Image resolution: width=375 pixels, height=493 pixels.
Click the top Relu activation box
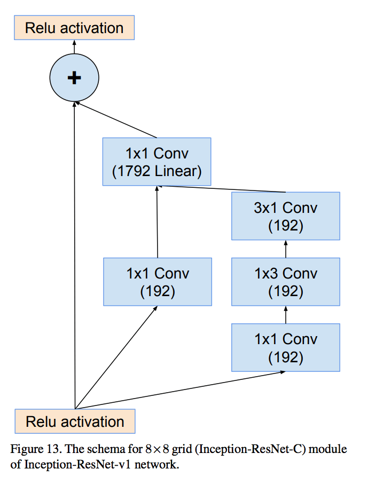tap(74, 28)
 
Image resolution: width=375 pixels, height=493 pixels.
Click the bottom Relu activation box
tap(75, 422)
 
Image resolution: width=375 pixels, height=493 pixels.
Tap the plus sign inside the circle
tap(74, 78)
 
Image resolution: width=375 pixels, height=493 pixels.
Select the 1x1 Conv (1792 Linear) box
tap(157, 162)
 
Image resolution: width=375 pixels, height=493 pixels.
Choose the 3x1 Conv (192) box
tap(285, 216)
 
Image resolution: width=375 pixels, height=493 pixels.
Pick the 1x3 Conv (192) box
tap(285, 282)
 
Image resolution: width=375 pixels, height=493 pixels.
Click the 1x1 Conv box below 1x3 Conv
tap(285, 347)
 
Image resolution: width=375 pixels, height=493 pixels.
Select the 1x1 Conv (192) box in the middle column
tap(158, 282)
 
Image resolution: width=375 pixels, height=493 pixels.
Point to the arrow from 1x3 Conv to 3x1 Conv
tap(286, 249)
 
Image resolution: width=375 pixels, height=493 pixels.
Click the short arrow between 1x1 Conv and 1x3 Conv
tap(286, 315)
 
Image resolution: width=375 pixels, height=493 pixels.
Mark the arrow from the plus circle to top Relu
tap(74, 48)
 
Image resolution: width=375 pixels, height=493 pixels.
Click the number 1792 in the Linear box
tap(131, 171)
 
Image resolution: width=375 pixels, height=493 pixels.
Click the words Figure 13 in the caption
tap(32, 449)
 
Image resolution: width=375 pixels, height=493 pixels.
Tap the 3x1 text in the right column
tap(265, 207)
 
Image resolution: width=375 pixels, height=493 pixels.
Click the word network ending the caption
tap(160, 464)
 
